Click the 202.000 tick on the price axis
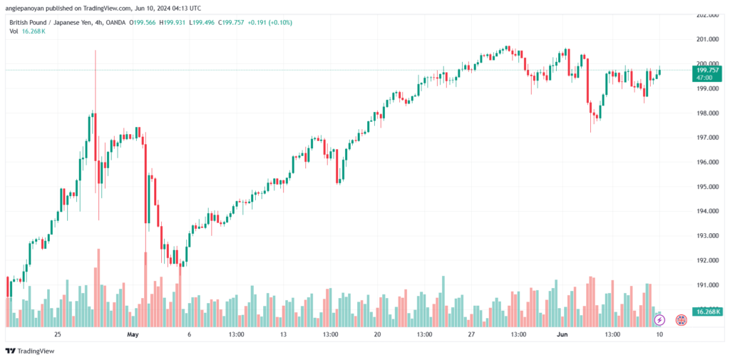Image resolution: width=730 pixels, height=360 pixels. point(706,14)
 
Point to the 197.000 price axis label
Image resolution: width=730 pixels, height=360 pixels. point(706,138)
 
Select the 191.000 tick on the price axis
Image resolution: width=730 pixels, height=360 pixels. point(706,285)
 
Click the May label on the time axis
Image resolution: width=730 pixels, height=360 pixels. point(131,334)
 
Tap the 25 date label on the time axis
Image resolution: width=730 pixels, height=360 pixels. point(58,334)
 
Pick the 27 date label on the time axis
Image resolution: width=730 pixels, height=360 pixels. point(471,334)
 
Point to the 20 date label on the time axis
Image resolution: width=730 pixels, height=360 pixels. point(377,334)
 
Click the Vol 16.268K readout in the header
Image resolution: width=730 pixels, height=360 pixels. point(30,32)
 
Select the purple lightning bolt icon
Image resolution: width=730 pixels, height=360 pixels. point(659,321)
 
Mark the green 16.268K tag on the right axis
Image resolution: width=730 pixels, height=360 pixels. point(709,312)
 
